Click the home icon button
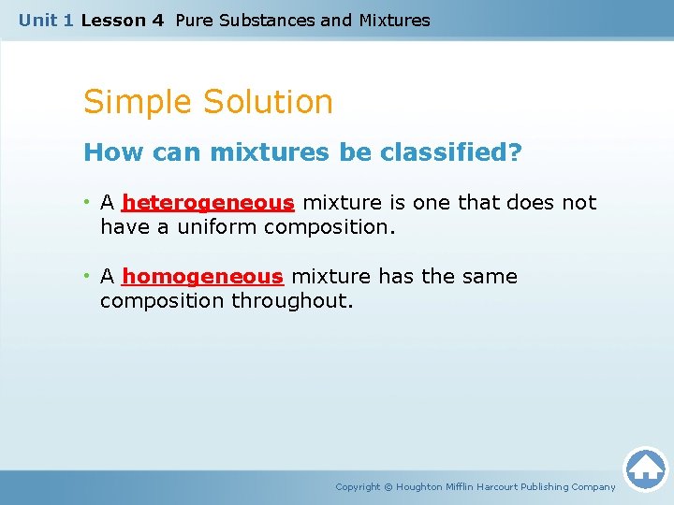pyautogui.click(x=646, y=469)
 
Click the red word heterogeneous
pyautogui.click(x=208, y=203)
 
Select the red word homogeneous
pyautogui.click(x=202, y=277)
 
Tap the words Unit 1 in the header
pyautogui.click(x=46, y=21)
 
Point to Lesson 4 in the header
pyautogui.click(x=123, y=21)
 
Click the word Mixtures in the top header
pyautogui.click(x=395, y=21)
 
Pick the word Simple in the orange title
pyautogui.click(x=137, y=103)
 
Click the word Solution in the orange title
pyautogui.click(x=268, y=101)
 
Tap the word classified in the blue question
pyautogui.click(x=446, y=151)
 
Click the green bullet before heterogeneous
pyautogui.click(x=87, y=201)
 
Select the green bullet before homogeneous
pyautogui.click(x=87, y=275)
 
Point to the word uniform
pyautogui.click(x=216, y=226)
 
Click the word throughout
pyautogui.click(x=292, y=300)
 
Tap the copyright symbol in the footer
pyautogui.click(x=388, y=487)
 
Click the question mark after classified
pyautogui.click(x=516, y=151)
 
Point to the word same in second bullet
pyautogui.click(x=490, y=276)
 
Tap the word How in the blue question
pyautogui.click(x=113, y=152)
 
